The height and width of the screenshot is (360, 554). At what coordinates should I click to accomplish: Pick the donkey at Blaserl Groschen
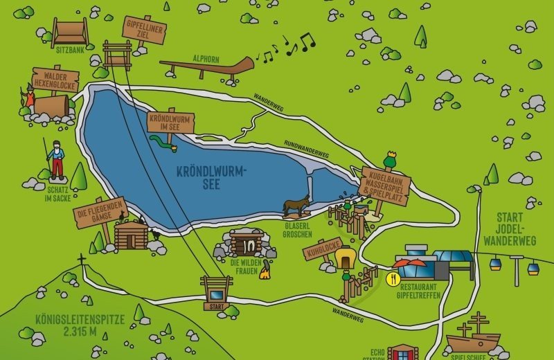[x=296, y=205]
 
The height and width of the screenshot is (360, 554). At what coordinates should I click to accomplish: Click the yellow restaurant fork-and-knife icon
[x=393, y=280]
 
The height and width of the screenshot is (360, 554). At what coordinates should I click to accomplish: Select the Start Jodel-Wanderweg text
[x=525, y=229]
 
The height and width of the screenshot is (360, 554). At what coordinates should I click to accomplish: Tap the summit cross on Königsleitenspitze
[x=82, y=260]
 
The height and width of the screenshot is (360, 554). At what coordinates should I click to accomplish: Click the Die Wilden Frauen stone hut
[x=247, y=242]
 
